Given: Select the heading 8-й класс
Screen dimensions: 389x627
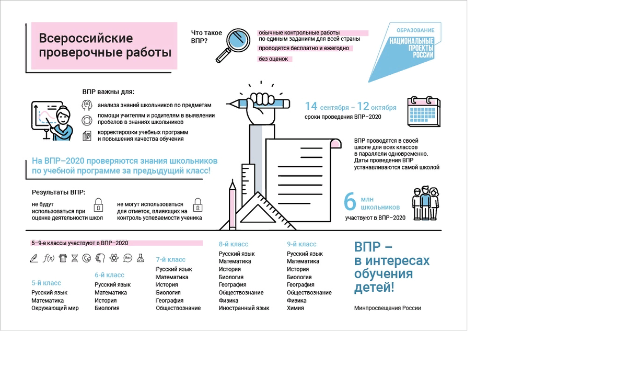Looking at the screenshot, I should click(x=233, y=244).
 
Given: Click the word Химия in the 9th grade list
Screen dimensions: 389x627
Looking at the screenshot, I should click(x=295, y=308).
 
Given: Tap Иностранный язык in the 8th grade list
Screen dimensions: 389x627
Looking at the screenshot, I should click(x=244, y=308).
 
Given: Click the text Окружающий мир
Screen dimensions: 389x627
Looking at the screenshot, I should click(x=55, y=308).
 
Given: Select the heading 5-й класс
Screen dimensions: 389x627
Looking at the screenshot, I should click(x=46, y=283).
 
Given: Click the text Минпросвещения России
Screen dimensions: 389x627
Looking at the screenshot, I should click(x=387, y=308).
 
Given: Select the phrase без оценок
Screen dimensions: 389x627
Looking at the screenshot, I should click(x=273, y=59).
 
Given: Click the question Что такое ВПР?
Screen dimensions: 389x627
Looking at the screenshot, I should click(x=206, y=37).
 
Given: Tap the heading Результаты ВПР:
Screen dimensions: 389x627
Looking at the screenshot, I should click(x=58, y=192).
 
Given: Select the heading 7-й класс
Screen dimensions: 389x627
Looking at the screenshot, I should click(x=170, y=259).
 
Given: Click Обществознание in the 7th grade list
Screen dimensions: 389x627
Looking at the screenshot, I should click(x=178, y=308).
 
